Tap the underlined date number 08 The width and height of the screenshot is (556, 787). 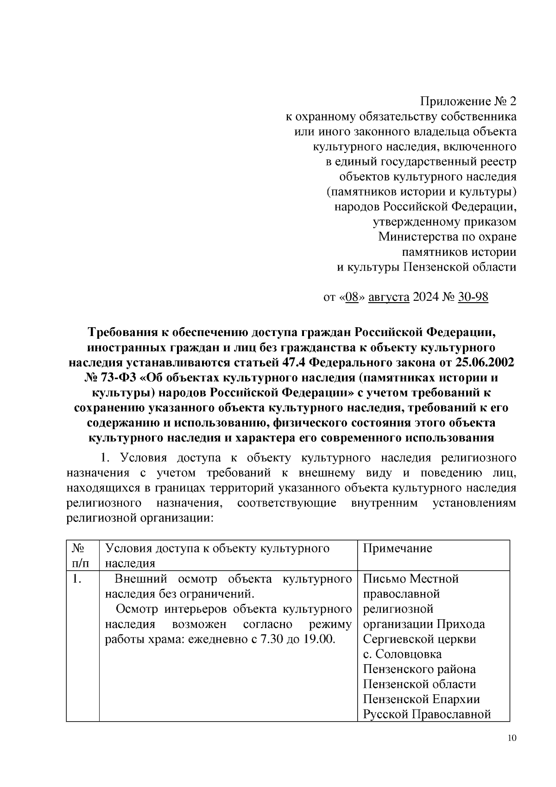click(x=353, y=297)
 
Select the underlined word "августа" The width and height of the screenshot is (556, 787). click(x=389, y=297)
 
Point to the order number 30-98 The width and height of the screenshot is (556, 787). click(x=473, y=297)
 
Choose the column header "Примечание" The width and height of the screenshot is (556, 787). click(x=397, y=548)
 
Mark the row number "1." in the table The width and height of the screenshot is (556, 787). click(x=77, y=579)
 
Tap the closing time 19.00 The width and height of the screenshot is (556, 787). click(x=319, y=639)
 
